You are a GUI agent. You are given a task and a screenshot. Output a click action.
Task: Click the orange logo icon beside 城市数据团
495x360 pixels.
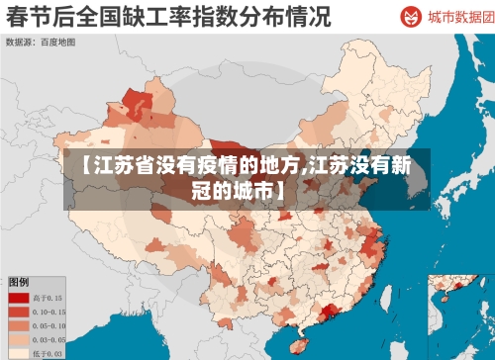410,17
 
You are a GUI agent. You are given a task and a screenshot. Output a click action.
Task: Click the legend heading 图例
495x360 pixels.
19,282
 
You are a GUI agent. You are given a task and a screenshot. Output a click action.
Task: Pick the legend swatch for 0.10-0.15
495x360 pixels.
19,311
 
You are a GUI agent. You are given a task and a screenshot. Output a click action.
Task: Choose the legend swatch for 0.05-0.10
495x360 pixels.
19,324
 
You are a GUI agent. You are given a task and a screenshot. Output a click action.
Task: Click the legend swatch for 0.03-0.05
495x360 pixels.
19,338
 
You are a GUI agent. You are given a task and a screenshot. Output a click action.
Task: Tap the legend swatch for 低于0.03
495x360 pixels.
19,352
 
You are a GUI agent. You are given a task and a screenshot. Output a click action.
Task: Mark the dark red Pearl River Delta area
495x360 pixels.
326,314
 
